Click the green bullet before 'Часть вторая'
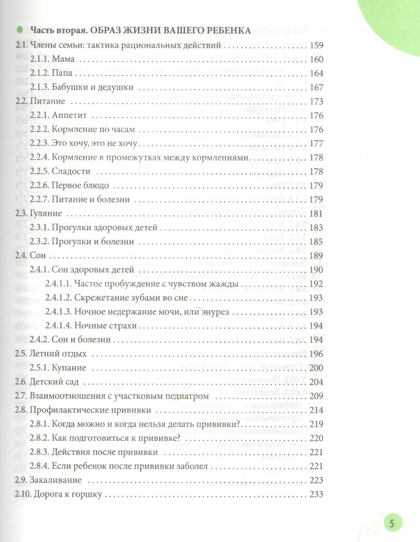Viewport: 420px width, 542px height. (x=20, y=30)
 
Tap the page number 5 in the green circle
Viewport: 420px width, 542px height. (x=392, y=523)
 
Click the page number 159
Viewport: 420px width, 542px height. (x=317, y=45)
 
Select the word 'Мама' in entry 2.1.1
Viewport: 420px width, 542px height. (x=63, y=59)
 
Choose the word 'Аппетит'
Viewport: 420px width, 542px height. (x=69, y=115)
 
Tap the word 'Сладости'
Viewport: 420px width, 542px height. (x=71, y=171)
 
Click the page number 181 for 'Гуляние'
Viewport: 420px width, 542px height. (x=317, y=213)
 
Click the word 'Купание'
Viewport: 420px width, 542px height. (x=69, y=368)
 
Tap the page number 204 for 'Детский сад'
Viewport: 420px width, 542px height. (x=317, y=382)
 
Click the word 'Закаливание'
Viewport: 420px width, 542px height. (x=56, y=480)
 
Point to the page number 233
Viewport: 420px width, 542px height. (x=317, y=494)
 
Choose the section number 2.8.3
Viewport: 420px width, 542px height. (x=39, y=452)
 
